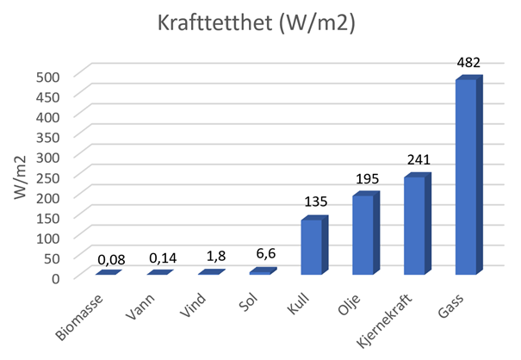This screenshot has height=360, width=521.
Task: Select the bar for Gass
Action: [466, 177]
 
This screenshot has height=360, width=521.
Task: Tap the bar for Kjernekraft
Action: [414, 226]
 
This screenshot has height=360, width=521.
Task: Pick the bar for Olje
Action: [363, 234]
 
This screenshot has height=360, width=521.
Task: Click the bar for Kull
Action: [311, 247]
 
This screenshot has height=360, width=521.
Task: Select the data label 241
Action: [418, 160]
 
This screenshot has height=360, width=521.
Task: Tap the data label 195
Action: [366, 179]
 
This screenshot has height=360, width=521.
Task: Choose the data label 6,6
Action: [264, 256]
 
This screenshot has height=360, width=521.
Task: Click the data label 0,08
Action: [109, 258]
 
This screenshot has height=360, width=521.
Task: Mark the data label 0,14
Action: [161, 258]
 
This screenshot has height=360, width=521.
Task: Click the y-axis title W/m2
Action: [20, 176]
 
